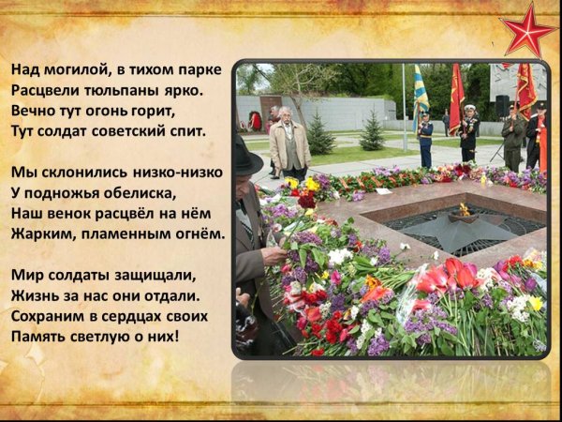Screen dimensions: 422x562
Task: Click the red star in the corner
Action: (x=530, y=30)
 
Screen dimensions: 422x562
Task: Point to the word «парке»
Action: (x=201, y=70)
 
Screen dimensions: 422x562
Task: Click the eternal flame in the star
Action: (x=464, y=210)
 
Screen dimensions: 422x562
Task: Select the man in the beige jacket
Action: (x=289, y=145)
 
